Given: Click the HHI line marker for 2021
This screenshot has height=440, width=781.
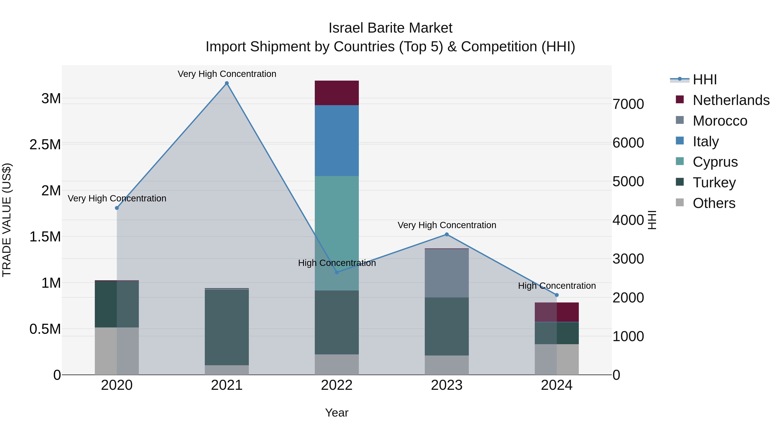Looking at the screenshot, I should [x=226, y=83].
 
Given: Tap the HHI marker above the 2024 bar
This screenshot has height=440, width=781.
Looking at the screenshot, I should [x=557, y=295].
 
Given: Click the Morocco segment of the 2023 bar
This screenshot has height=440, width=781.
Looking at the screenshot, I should [x=447, y=273].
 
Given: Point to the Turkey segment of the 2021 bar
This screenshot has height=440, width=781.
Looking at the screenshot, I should [x=226, y=327].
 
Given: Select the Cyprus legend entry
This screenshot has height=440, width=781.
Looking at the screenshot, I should [x=715, y=162].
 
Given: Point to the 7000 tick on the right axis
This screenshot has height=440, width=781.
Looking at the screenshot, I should [x=628, y=104].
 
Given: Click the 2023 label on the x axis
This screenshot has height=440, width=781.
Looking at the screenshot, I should [x=447, y=385].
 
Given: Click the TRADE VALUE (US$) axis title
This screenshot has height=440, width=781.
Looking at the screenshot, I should [x=7, y=220].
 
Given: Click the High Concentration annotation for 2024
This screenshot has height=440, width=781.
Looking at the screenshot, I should [x=557, y=286].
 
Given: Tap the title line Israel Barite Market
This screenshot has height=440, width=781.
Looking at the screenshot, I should [x=390, y=28].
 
